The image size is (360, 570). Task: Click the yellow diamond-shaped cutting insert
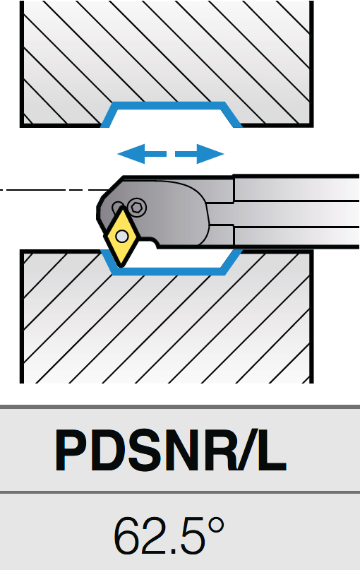[x=121, y=237]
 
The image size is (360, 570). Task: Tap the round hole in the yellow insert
[x=121, y=237]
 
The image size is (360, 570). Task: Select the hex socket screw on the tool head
[x=138, y=207]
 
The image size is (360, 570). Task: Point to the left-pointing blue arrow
[x=142, y=154]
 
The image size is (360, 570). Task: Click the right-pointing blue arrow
[x=200, y=154]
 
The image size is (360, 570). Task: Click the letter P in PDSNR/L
[x=72, y=450]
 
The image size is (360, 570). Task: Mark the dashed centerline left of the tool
[x=54, y=190]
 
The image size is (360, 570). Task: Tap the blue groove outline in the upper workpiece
[x=171, y=105]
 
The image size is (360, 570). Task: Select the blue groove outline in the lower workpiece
[x=171, y=271]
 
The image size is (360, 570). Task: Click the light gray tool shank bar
[x=296, y=212]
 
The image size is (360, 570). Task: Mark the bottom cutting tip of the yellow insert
[x=120, y=267]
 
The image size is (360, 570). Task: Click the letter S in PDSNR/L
[x=145, y=450]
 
